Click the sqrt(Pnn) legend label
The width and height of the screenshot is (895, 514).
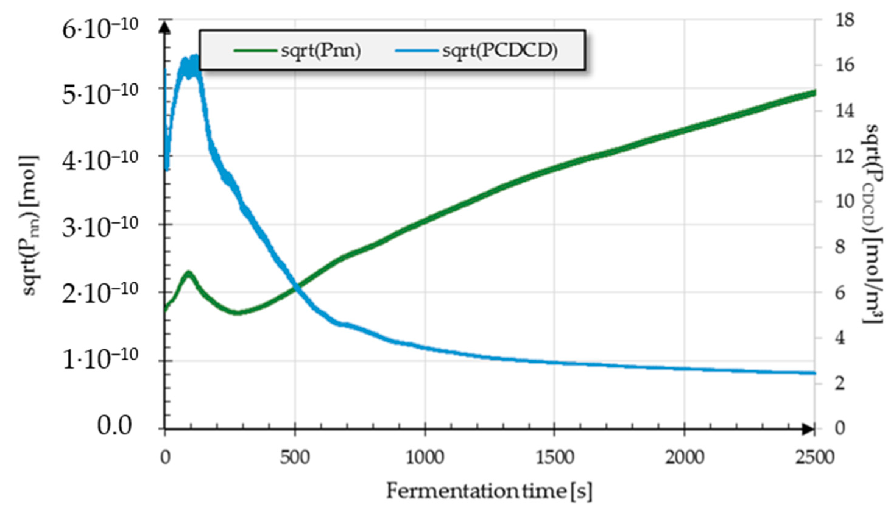[321, 51]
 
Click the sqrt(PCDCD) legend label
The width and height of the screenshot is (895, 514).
[500, 51]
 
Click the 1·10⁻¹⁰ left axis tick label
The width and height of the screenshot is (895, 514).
[100, 360]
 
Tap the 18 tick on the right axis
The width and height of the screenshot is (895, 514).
[844, 20]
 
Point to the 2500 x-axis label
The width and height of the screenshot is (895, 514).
[814, 458]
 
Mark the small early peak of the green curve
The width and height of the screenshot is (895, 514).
[189, 274]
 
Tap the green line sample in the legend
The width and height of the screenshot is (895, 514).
[255, 51]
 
